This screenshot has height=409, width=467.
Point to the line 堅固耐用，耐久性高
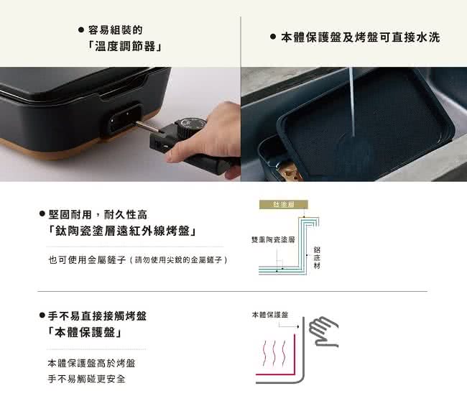pyautogui.click(x=97, y=214)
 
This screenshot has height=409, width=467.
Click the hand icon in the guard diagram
pyautogui.click(x=324, y=330)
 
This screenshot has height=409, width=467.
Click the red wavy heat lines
pyautogui.click(x=276, y=354)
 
